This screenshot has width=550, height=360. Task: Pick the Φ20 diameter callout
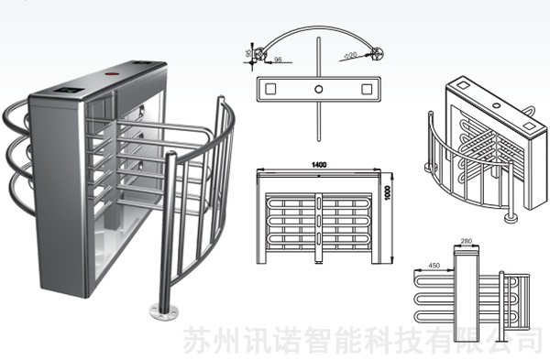[349, 57]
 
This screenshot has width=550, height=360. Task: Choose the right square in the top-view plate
[368, 88]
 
